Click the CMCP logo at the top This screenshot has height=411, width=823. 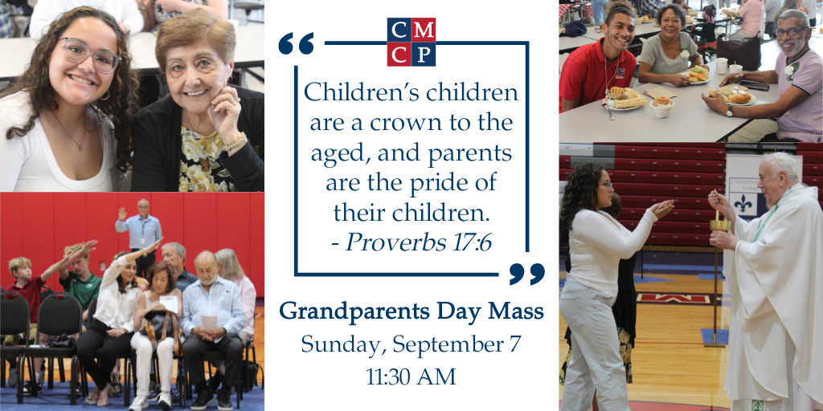coord(411,42)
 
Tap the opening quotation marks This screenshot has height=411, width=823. coord(296,43)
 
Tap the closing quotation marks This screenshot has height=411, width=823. coord(526,274)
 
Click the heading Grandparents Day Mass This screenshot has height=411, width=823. coord(411,312)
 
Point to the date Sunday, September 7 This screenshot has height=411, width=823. coord(411,344)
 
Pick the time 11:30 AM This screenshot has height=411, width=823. coord(411,376)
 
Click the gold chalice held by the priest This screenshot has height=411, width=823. coord(719,226)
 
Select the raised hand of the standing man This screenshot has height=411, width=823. coord(122,214)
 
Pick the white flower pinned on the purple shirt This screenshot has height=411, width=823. coord(791,70)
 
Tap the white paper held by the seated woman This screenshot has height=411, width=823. coord(169,304)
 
